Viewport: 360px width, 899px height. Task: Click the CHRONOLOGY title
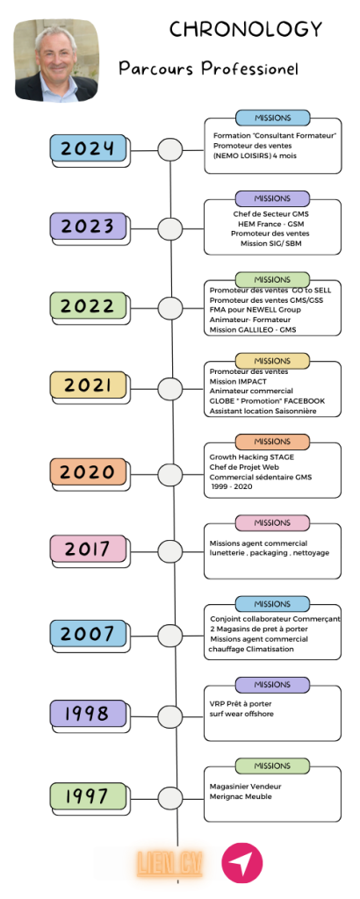(x=246, y=29)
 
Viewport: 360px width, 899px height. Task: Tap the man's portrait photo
(x=56, y=61)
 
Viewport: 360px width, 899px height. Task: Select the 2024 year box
(x=88, y=147)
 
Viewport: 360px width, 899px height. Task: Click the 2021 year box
(x=88, y=385)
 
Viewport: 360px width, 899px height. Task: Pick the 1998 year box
(x=88, y=713)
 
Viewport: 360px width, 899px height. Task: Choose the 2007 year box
(x=88, y=634)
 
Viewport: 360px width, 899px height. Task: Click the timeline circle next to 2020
(x=170, y=475)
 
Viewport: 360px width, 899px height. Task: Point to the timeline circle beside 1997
(x=170, y=798)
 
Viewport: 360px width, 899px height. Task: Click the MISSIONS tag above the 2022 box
(x=272, y=280)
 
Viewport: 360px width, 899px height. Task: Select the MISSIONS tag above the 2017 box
(x=272, y=523)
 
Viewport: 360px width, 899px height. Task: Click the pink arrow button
(x=242, y=863)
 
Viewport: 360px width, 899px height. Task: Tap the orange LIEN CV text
(x=169, y=864)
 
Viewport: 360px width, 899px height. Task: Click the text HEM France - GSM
(x=270, y=224)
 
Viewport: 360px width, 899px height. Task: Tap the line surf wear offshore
(x=241, y=714)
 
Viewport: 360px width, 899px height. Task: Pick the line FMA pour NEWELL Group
(x=256, y=310)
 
